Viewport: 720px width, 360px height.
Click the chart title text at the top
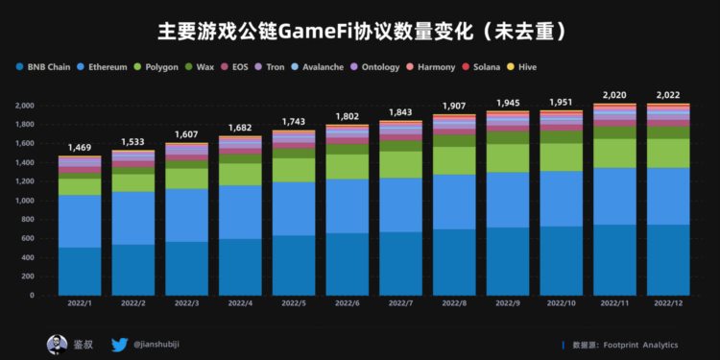[x=360, y=31]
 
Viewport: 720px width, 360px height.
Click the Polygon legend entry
[x=164, y=67]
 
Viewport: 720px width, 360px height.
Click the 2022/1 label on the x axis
[x=80, y=302]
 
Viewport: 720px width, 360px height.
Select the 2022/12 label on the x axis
[x=668, y=302]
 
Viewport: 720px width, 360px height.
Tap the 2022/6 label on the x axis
[x=348, y=302]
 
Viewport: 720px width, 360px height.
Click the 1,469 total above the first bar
[x=80, y=147]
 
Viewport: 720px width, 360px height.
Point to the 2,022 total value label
[x=668, y=95]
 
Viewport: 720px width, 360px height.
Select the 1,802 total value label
[x=348, y=116]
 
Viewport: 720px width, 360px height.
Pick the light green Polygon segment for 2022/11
[x=614, y=154]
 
